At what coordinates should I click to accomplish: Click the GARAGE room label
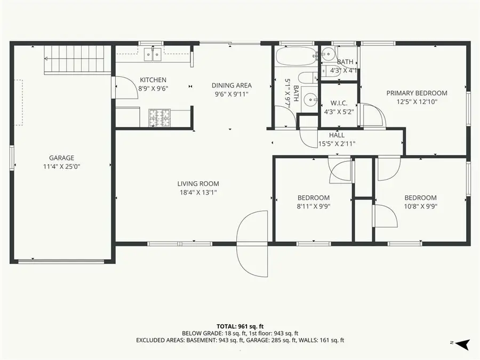pyautogui.click(x=61, y=158)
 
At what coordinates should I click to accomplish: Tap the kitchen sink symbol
pyautogui.click(x=154, y=54)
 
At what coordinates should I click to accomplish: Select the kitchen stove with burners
pyautogui.click(x=158, y=117)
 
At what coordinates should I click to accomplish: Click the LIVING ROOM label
pyautogui.click(x=198, y=184)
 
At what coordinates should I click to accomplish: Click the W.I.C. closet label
pyautogui.click(x=339, y=103)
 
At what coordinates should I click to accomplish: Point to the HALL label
pyautogui.click(x=337, y=135)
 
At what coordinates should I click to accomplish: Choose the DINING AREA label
pyautogui.click(x=231, y=85)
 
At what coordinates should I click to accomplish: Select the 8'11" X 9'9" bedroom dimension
pyautogui.click(x=313, y=206)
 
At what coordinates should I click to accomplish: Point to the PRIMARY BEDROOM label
pyautogui.click(x=417, y=93)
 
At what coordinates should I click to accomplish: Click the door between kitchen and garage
pyautogui.click(x=123, y=87)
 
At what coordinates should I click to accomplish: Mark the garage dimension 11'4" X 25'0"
pyautogui.click(x=61, y=166)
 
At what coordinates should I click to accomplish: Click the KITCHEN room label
pyautogui.click(x=153, y=80)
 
